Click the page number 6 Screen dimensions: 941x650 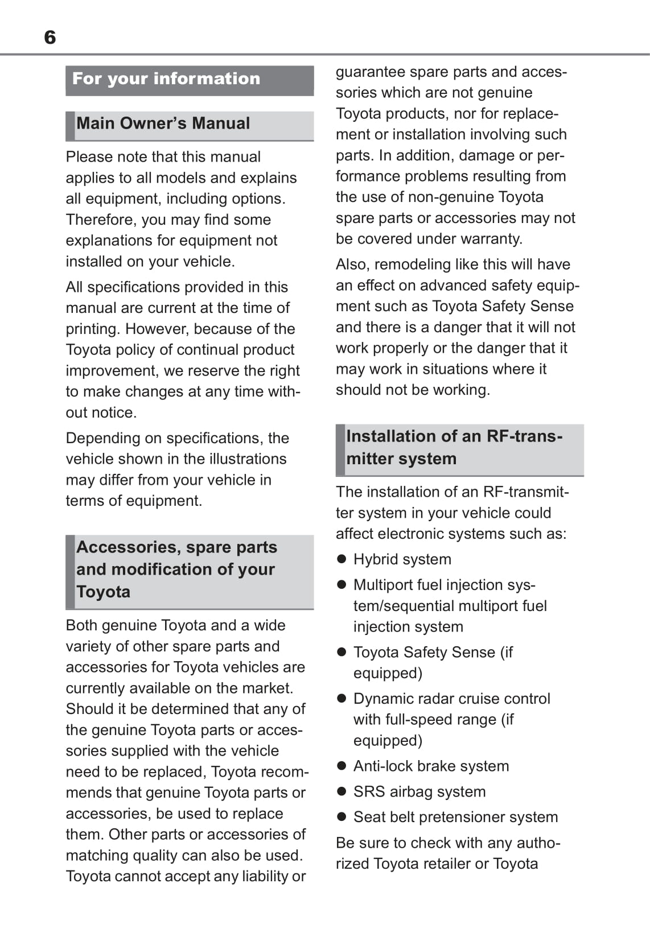point(50,38)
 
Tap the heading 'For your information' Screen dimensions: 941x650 point(166,79)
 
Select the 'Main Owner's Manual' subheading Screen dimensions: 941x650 point(163,123)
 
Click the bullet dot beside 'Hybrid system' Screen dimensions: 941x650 point(342,559)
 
